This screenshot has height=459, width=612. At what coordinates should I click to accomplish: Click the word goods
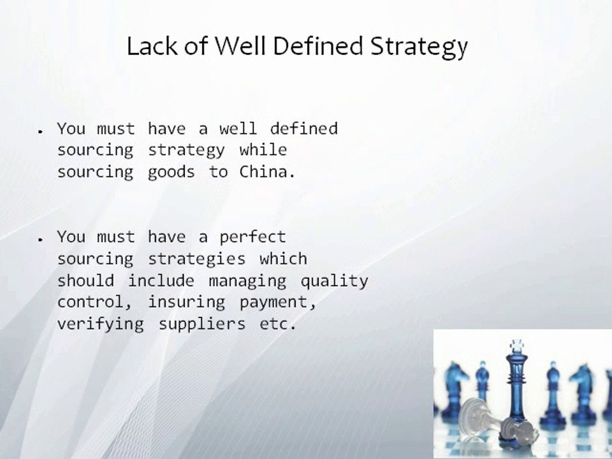pyautogui.click(x=171, y=173)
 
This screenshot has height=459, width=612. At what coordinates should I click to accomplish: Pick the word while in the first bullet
pyautogui.click(x=263, y=150)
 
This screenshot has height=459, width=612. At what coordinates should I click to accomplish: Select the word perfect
pyautogui.click(x=252, y=238)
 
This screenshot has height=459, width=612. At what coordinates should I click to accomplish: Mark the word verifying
pyautogui.click(x=100, y=324)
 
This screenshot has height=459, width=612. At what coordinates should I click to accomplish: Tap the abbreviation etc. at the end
pyautogui.click(x=277, y=324)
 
